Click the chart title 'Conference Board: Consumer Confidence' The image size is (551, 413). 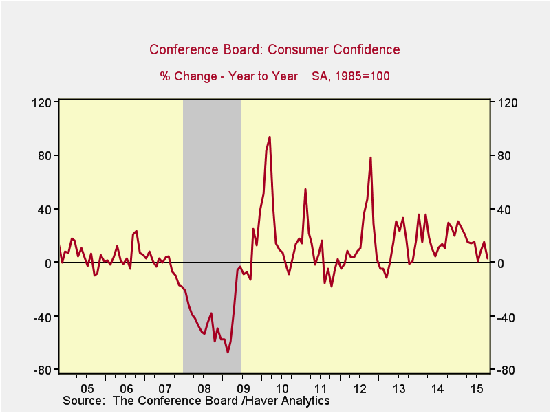274,49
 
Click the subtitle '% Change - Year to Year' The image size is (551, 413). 229,76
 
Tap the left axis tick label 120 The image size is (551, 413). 43,102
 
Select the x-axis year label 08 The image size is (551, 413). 203,387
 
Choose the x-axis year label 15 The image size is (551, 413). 475,387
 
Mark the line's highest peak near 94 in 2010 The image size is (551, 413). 270,137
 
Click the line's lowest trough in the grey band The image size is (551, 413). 228,353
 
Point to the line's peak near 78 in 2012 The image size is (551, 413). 371,158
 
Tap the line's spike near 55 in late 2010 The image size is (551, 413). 305,189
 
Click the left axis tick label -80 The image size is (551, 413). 44,370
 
